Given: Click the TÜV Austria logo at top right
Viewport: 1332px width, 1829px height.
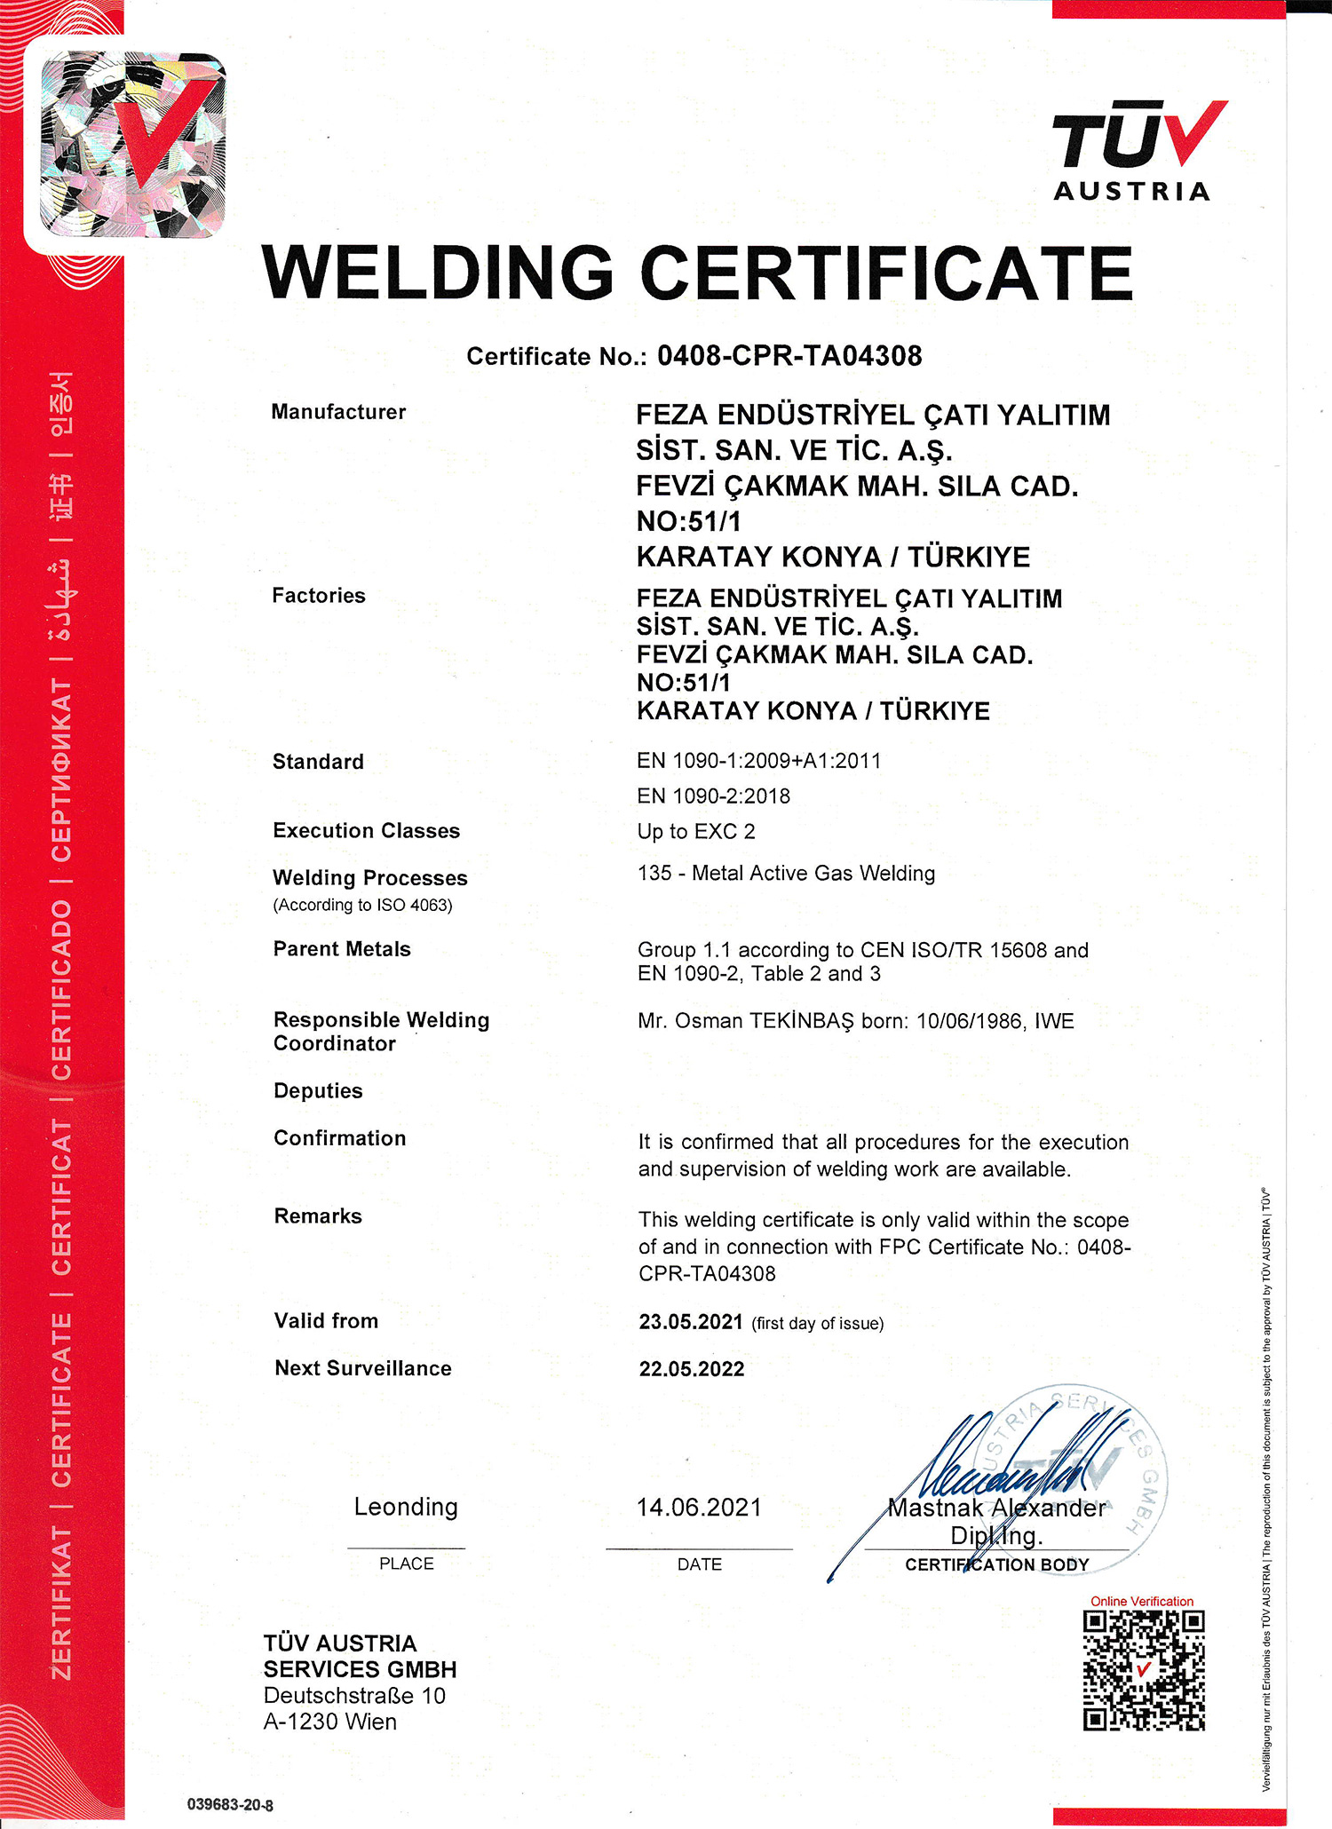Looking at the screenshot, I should tap(1136, 150).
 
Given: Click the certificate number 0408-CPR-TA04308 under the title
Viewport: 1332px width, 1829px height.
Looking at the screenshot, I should tap(789, 356).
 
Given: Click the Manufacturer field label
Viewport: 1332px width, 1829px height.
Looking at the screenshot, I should tap(338, 412).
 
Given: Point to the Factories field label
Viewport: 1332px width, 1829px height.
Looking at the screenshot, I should tap(319, 596).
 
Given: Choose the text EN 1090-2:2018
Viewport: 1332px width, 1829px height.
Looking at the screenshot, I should tap(713, 796).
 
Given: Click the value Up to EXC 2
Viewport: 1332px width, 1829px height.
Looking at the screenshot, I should tap(696, 832).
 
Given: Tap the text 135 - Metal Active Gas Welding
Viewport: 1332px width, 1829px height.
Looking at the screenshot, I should tap(786, 874).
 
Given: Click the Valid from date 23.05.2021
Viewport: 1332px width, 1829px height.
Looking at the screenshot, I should tap(691, 1322).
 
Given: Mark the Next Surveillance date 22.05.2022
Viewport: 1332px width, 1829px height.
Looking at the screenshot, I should tap(692, 1369).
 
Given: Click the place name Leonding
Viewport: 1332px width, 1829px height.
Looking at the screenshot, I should tap(406, 1507).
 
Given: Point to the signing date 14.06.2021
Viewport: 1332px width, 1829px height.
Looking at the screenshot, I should tap(699, 1507).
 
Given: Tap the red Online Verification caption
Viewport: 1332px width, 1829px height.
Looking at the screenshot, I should tap(1142, 1601).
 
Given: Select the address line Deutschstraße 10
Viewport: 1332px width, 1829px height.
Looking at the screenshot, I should tap(354, 1696).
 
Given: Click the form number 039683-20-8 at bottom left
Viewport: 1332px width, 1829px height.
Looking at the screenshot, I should tap(230, 1805).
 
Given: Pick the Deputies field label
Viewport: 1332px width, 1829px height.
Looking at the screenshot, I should tap(318, 1091).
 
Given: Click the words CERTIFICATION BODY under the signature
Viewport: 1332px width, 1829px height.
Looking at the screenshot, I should tap(996, 1564).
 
